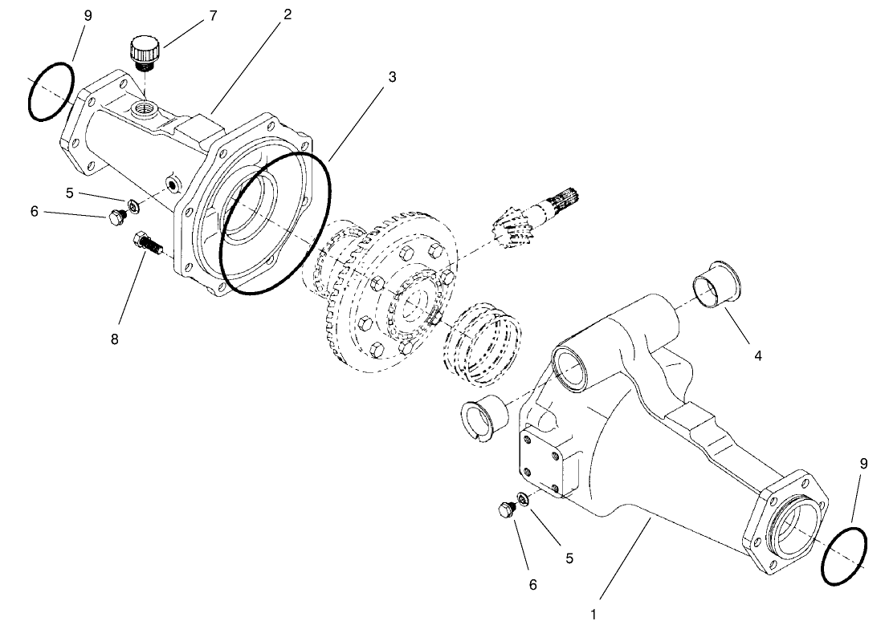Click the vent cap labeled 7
pyautogui.click(x=145, y=54)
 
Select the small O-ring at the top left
pyautogui.click(x=51, y=91)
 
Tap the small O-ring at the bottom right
pyautogui.click(x=844, y=555)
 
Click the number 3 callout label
pyautogui.click(x=391, y=77)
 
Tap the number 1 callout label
pyautogui.click(x=593, y=615)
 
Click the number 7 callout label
pyautogui.click(x=213, y=15)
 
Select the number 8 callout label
pyautogui.click(x=115, y=339)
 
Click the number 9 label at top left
pyautogui.click(x=88, y=15)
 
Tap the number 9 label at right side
pyautogui.click(x=863, y=463)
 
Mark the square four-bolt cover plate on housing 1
pyautogui.click(x=547, y=465)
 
